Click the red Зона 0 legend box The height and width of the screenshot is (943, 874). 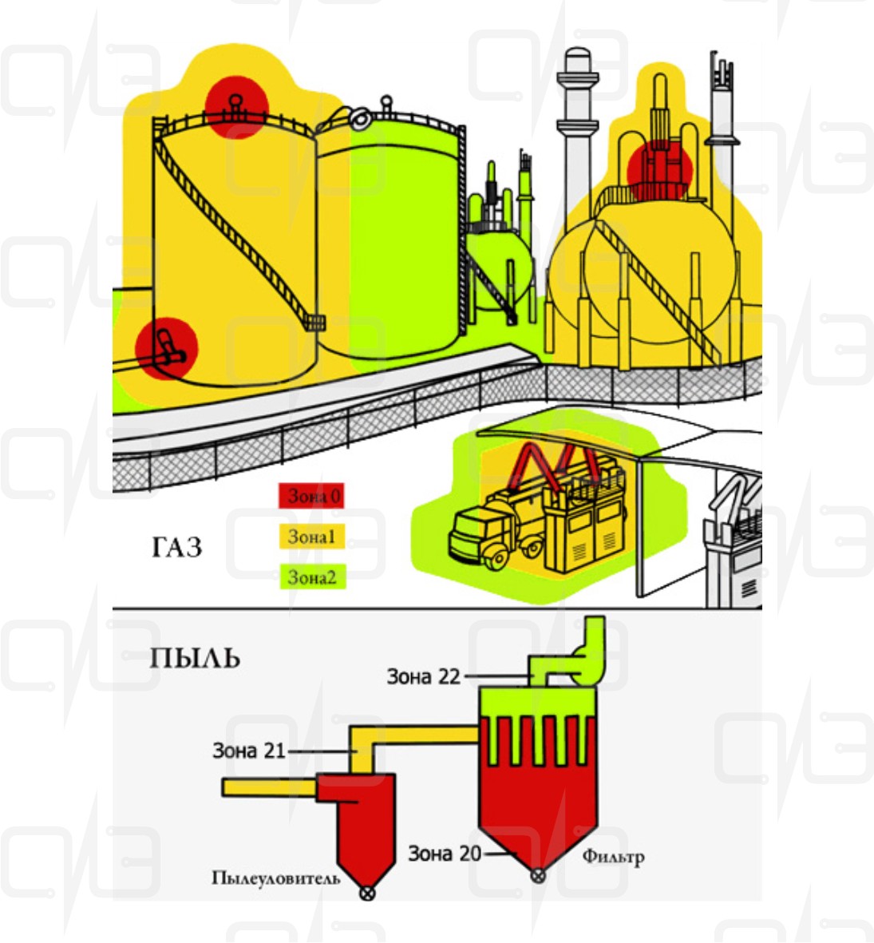coord(310,496)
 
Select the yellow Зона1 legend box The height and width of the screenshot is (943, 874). coord(311,537)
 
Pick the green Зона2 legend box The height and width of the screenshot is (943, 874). coord(312,577)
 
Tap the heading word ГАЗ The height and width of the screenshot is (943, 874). coord(176,547)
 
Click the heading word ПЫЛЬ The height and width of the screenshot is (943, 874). coord(195,658)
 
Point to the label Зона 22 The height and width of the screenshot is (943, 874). coord(423,676)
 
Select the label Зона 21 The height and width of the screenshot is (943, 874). coord(249,751)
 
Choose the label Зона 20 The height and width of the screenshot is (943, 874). coord(445,854)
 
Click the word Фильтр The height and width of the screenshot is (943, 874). coord(614,857)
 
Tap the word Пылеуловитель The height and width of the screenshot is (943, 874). coord(276,878)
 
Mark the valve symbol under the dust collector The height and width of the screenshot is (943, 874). coord(366,893)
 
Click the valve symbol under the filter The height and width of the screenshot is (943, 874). coord(539,876)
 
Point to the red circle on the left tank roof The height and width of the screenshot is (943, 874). coord(235,108)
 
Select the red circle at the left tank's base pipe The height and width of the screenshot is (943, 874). coord(167,349)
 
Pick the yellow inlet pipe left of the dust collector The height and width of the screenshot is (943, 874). coord(270,787)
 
